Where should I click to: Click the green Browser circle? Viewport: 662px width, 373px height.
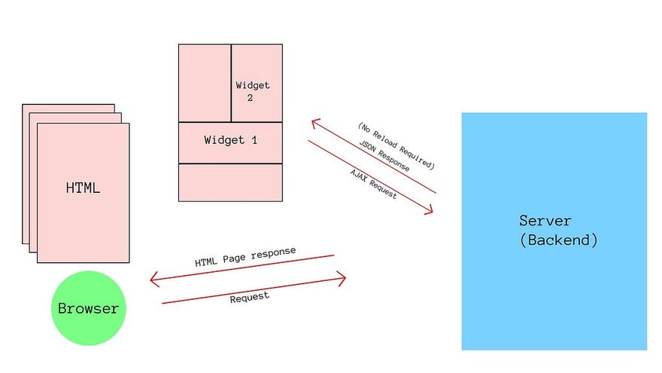pyautogui.click(x=88, y=308)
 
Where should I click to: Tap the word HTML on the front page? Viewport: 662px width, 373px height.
pyautogui.click(x=83, y=188)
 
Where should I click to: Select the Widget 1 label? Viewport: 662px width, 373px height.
pyautogui.click(x=230, y=140)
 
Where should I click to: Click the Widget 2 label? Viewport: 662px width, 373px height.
pyautogui.click(x=252, y=91)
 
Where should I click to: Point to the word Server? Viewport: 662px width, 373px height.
pyautogui.click(x=545, y=221)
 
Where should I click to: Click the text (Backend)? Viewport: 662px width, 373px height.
pyautogui.click(x=559, y=240)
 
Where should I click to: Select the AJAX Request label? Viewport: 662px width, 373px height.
pyautogui.click(x=373, y=183)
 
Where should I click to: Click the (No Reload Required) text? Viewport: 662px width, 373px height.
pyautogui.click(x=396, y=144)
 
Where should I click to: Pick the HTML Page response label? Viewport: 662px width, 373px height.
pyautogui.click(x=245, y=257)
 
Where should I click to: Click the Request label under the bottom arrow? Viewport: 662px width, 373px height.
pyautogui.click(x=249, y=297)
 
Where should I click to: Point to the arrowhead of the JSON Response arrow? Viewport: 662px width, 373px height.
pyautogui.click(x=314, y=122)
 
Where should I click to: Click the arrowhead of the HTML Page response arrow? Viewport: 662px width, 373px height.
pyautogui.click(x=153, y=280)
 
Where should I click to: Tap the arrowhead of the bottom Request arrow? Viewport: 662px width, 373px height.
pyautogui.click(x=342, y=280)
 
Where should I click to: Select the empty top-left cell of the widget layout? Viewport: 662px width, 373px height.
pyautogui.click(x=204, y=83)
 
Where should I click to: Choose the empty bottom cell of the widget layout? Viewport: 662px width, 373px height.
pyautogui.click(x=230, y=182)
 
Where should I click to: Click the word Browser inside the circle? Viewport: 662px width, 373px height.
pyautogui.click(x=88, y=308)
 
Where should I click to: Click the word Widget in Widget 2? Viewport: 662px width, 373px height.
pyautogui.click(x=252, y=85)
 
